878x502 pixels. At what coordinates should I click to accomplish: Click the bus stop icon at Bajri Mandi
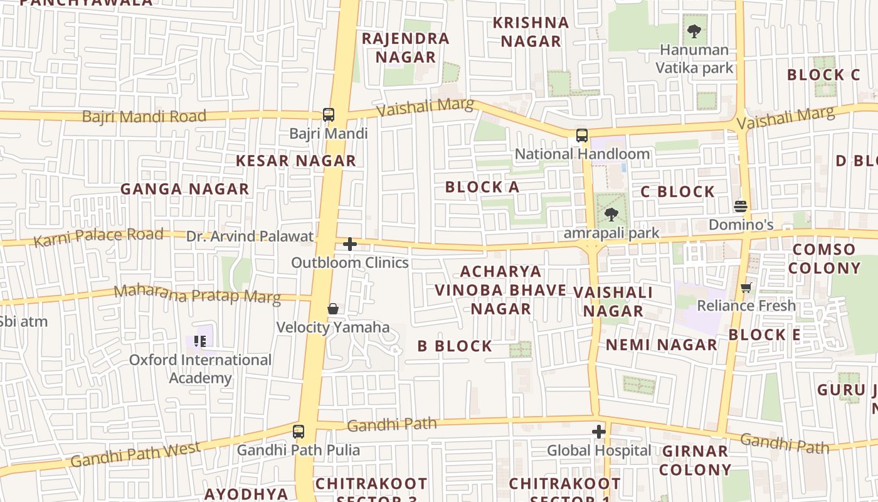pyautogui.click(x=329, y=115)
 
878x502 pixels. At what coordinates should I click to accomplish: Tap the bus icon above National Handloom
pyautogui.click(x=582, y=136)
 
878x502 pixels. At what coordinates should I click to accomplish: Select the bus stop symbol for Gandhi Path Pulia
pyautogui.click(x=299, y=432)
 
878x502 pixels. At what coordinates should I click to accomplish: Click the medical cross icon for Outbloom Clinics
pyautogui.click(x=350, y=244)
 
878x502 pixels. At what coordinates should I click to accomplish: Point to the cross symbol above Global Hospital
pyautogui.click(x=599, y=432)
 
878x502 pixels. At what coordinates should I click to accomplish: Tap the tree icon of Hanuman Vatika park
pyautogui.click(x=694, y=31)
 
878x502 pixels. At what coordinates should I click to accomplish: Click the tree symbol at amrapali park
pyautogui.click(x=611, y=215)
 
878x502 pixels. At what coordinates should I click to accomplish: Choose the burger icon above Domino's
pyautogui.click(x=741, y=206)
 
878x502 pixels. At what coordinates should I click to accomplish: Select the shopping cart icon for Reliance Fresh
pyautogui.click(x=746, y=287)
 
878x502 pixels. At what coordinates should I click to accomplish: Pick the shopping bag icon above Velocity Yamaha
pyautogui.click(x=333, y=309)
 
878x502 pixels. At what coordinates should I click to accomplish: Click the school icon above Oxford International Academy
pyautogui.click(x=200, y=341)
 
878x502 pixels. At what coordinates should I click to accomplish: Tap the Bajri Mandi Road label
pyautogui.click(x=144, y=116)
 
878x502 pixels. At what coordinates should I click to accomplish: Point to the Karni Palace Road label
pyautogui.click(x=98, y=237)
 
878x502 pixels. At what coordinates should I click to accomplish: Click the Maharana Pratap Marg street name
pyautogui.click(x=197, y=294)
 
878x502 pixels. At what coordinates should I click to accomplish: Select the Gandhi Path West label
pyautogui.click(x=135, y=454)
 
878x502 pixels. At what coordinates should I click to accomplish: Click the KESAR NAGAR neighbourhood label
pyautogui.click(x=296, y=161)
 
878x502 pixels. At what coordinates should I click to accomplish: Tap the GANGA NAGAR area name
pyautogui.click(x=184, y=189)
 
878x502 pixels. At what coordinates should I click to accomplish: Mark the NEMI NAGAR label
pyautogui.click(x=661, y=344)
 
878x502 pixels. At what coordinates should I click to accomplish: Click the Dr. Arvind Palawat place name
pyautogui.click(x=250, y=237)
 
